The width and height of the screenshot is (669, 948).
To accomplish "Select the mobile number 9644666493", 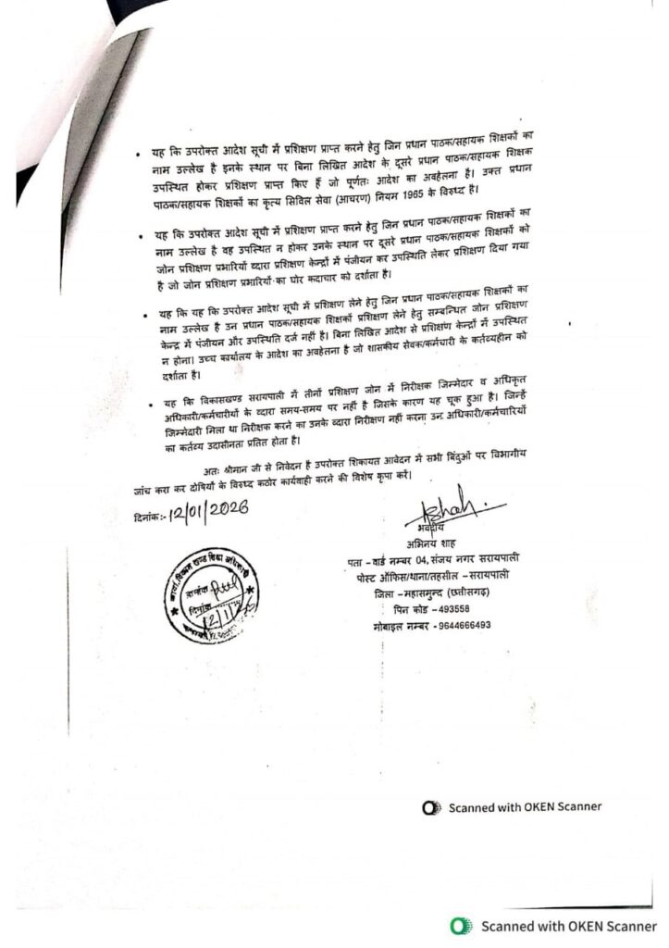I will click(459, 625).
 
